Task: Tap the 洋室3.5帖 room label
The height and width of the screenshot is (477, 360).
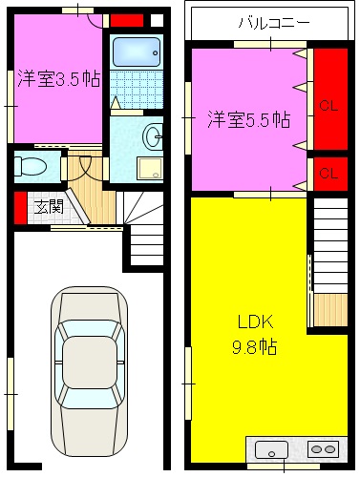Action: pyautogui.click(x=56, y=80)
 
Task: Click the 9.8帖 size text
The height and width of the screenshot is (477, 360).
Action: pyautogui.click(x=253, y=347)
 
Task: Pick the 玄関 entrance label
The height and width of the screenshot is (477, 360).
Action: pyautogui.click(x=49, y=205)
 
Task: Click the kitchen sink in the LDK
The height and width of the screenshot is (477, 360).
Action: pyautogui.click(x=272, y=449)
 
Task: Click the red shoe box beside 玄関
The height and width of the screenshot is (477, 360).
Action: pyautogui.click(x=19, y=205)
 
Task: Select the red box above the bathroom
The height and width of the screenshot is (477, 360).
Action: pyautogui.click(x=127, y=20)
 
